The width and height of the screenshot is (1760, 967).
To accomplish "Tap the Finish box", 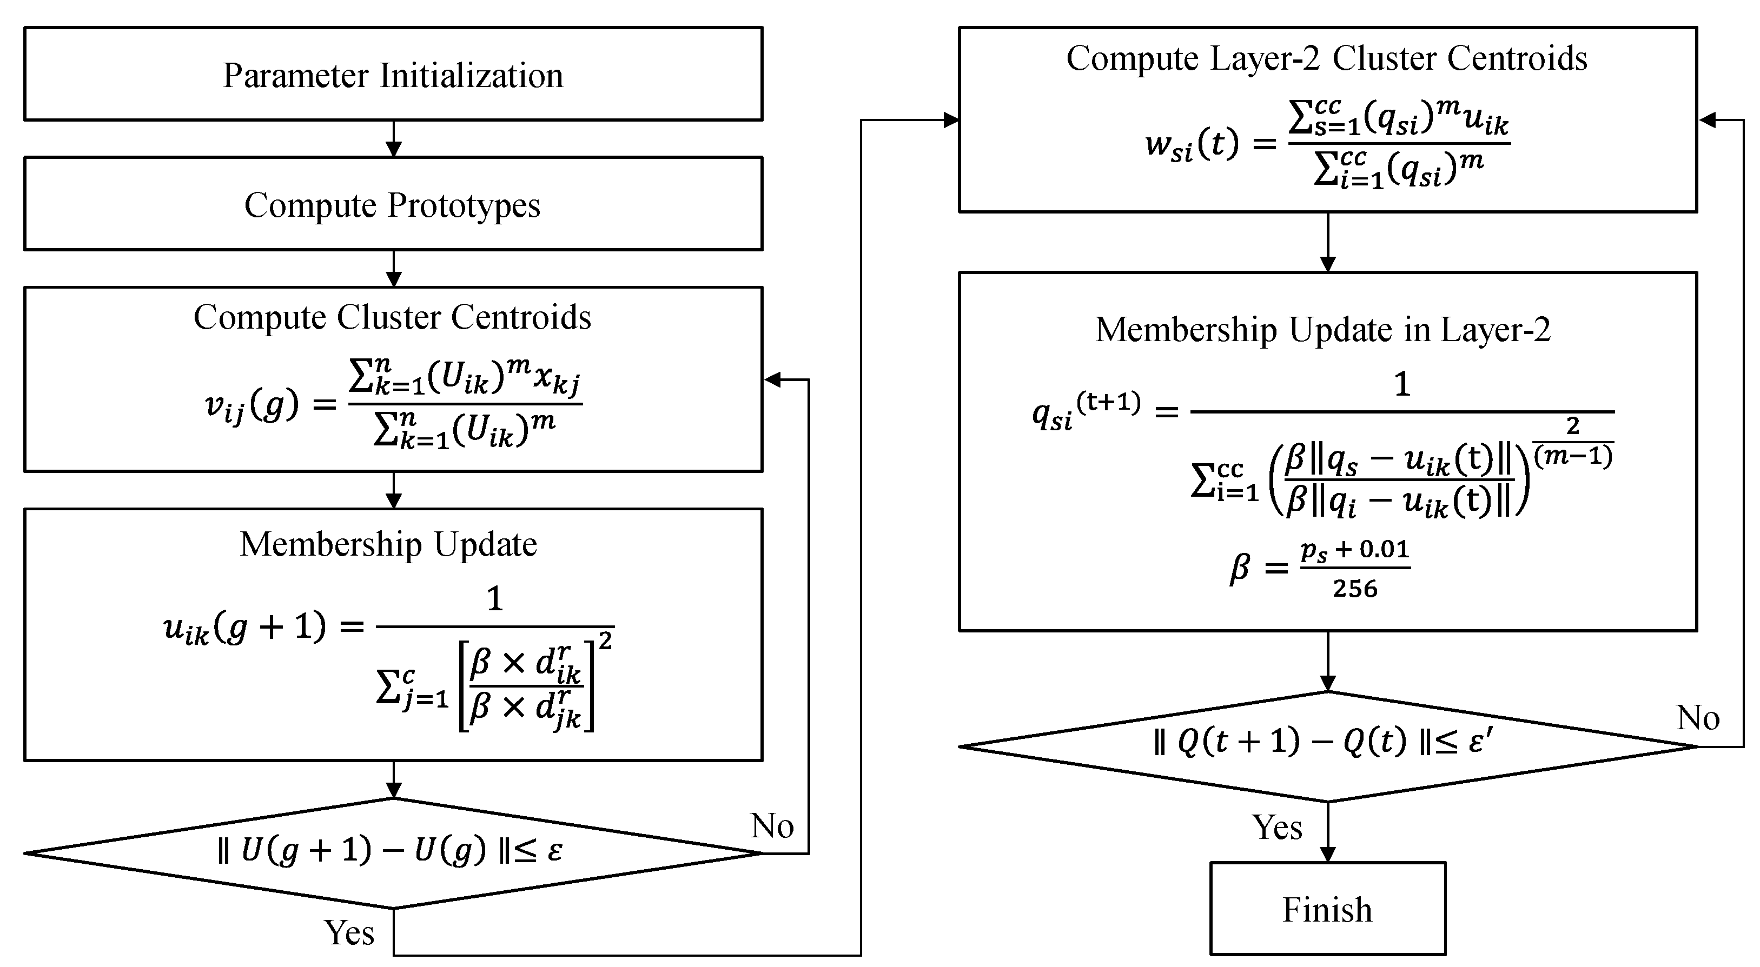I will [x=1327, y=909].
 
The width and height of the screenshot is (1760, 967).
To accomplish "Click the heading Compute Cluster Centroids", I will [x=392, y=317].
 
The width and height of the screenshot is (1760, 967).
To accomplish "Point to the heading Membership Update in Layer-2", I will [x=1323, y=329].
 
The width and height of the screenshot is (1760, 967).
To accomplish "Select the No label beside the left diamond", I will [x=772, y=825].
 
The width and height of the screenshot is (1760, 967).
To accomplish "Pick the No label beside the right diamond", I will [x=1698, y=718].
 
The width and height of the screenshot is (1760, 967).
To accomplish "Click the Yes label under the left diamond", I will [x=349, y=932].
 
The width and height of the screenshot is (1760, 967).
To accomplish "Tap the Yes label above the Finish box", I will [x=1277, y=827].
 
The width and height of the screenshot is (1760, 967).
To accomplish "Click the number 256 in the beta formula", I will [x=1355, y=589].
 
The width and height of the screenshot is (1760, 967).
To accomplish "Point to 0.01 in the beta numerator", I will [x=1384, y=549].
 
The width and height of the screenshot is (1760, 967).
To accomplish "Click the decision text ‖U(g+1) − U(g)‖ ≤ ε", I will [x=389, y=851].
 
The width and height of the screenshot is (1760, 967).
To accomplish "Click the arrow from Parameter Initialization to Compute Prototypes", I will [x=394, y=139].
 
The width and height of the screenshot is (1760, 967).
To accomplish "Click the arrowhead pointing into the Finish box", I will [x=1327, y=853].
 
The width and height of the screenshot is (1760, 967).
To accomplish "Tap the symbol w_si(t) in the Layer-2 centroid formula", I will [x=1192, y=145].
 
